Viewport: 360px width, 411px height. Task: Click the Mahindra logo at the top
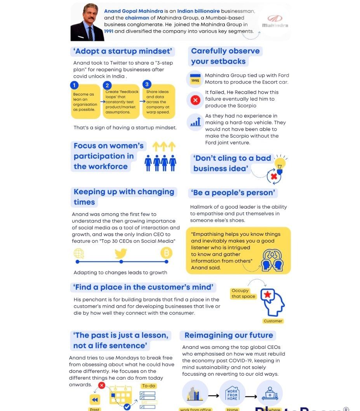[x=275, y=21]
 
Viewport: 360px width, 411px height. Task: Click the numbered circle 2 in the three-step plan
[x=108, y=85]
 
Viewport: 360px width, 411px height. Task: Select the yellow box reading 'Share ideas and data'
[x=158, y=102]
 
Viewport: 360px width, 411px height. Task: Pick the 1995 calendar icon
[x=195, y=79]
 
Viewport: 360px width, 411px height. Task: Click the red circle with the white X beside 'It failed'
[x=195, y=100]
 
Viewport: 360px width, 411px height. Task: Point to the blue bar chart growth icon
[x=195, y=122]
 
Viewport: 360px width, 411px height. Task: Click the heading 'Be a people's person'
[x=233, y=193]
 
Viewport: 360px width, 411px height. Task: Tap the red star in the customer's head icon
[x=268, y=295]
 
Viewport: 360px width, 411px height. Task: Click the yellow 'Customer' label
[x=273, y=321]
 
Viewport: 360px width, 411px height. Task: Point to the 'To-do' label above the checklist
[x=148, y=386]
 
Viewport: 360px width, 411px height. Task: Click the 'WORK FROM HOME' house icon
[x=232, y=395]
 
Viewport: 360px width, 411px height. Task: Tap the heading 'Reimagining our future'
[x=228, y=335]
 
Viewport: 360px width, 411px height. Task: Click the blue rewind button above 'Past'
[x=95, y=400]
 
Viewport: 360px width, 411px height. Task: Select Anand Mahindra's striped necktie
[x=90, y=33]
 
